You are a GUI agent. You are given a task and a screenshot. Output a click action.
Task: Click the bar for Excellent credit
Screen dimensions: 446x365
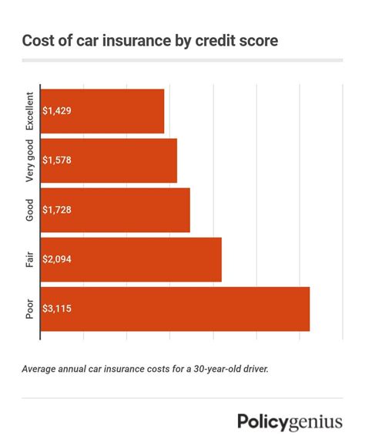(102, 111)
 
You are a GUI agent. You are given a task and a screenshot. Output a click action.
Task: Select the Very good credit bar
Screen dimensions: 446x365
(109, 160)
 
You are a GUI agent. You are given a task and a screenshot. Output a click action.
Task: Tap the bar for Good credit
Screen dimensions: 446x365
(116, 210)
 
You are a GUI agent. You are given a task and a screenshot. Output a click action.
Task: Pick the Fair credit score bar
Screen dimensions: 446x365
(131, 259)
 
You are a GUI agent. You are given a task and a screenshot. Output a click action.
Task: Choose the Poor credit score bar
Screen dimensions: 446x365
(175, 309)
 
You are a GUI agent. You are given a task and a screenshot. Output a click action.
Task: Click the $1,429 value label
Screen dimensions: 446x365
(59, 111)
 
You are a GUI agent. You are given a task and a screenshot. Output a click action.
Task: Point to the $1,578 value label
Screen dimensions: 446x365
(59, 160)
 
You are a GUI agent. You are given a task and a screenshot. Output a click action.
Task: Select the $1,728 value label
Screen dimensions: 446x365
(59, 210)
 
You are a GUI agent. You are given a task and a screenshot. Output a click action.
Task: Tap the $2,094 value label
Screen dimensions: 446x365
(60, 259)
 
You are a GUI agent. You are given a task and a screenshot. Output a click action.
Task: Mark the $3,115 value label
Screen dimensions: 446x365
(59, 309)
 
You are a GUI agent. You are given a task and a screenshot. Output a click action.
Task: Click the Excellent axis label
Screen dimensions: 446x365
(30, 111)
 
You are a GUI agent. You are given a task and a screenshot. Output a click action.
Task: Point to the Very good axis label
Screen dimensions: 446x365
(30, 160)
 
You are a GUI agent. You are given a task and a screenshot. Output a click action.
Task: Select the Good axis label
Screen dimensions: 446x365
(30, 210)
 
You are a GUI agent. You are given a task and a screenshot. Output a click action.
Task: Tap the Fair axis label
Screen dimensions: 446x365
(30, 259)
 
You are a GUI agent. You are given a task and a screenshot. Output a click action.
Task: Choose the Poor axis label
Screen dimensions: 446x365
(30, 309)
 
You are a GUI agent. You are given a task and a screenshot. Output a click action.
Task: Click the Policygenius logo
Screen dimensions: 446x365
(290, 422)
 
